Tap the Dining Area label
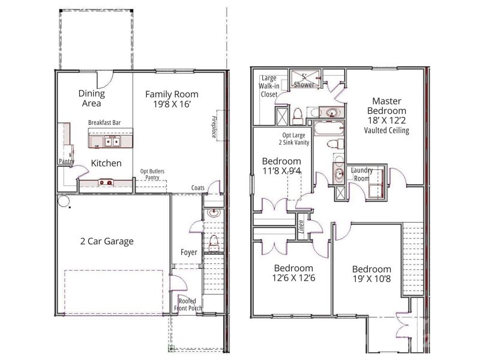click(91, 98)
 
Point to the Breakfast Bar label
click(104, 122)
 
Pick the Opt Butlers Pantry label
click(152, 175)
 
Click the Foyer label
click(189, 252)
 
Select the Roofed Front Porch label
click(188, 304)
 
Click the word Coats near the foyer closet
click(198, 188)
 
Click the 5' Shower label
click(304, 81)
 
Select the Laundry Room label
click(362, 174)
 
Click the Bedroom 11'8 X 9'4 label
click(281, 166)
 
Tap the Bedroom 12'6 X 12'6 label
click(293, 273)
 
